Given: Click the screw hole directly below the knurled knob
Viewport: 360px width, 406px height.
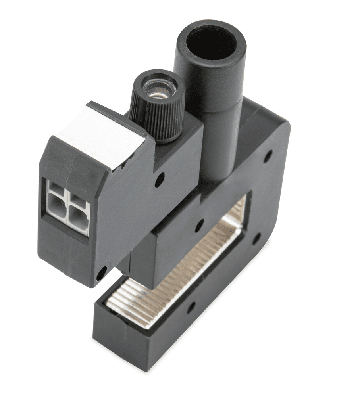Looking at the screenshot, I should [x=159, y=180].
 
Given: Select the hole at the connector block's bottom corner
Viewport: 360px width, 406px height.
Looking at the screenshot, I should [x=102, y=273].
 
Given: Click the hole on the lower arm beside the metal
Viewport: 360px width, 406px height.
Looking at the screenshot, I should [x=191, y=307].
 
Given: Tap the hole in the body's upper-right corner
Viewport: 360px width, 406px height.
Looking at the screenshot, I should [x=268, y=156].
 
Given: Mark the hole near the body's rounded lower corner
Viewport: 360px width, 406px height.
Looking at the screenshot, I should [x=256, y=239].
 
